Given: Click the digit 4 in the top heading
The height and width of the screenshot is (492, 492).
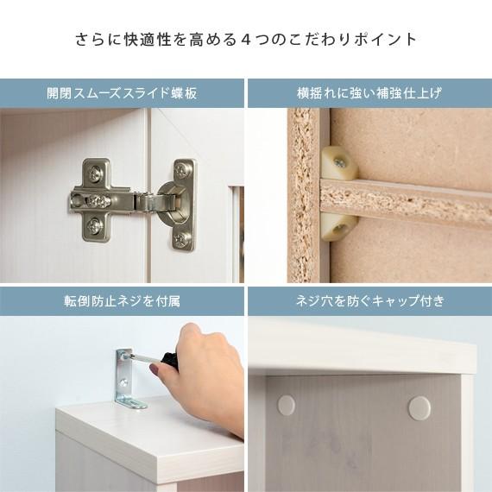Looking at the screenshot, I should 247,40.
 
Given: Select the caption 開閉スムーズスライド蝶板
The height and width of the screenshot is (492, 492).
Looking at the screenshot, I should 122,93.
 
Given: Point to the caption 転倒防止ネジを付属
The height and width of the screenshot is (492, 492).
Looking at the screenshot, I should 122,301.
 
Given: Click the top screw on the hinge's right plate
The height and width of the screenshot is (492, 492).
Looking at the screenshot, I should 184,169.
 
